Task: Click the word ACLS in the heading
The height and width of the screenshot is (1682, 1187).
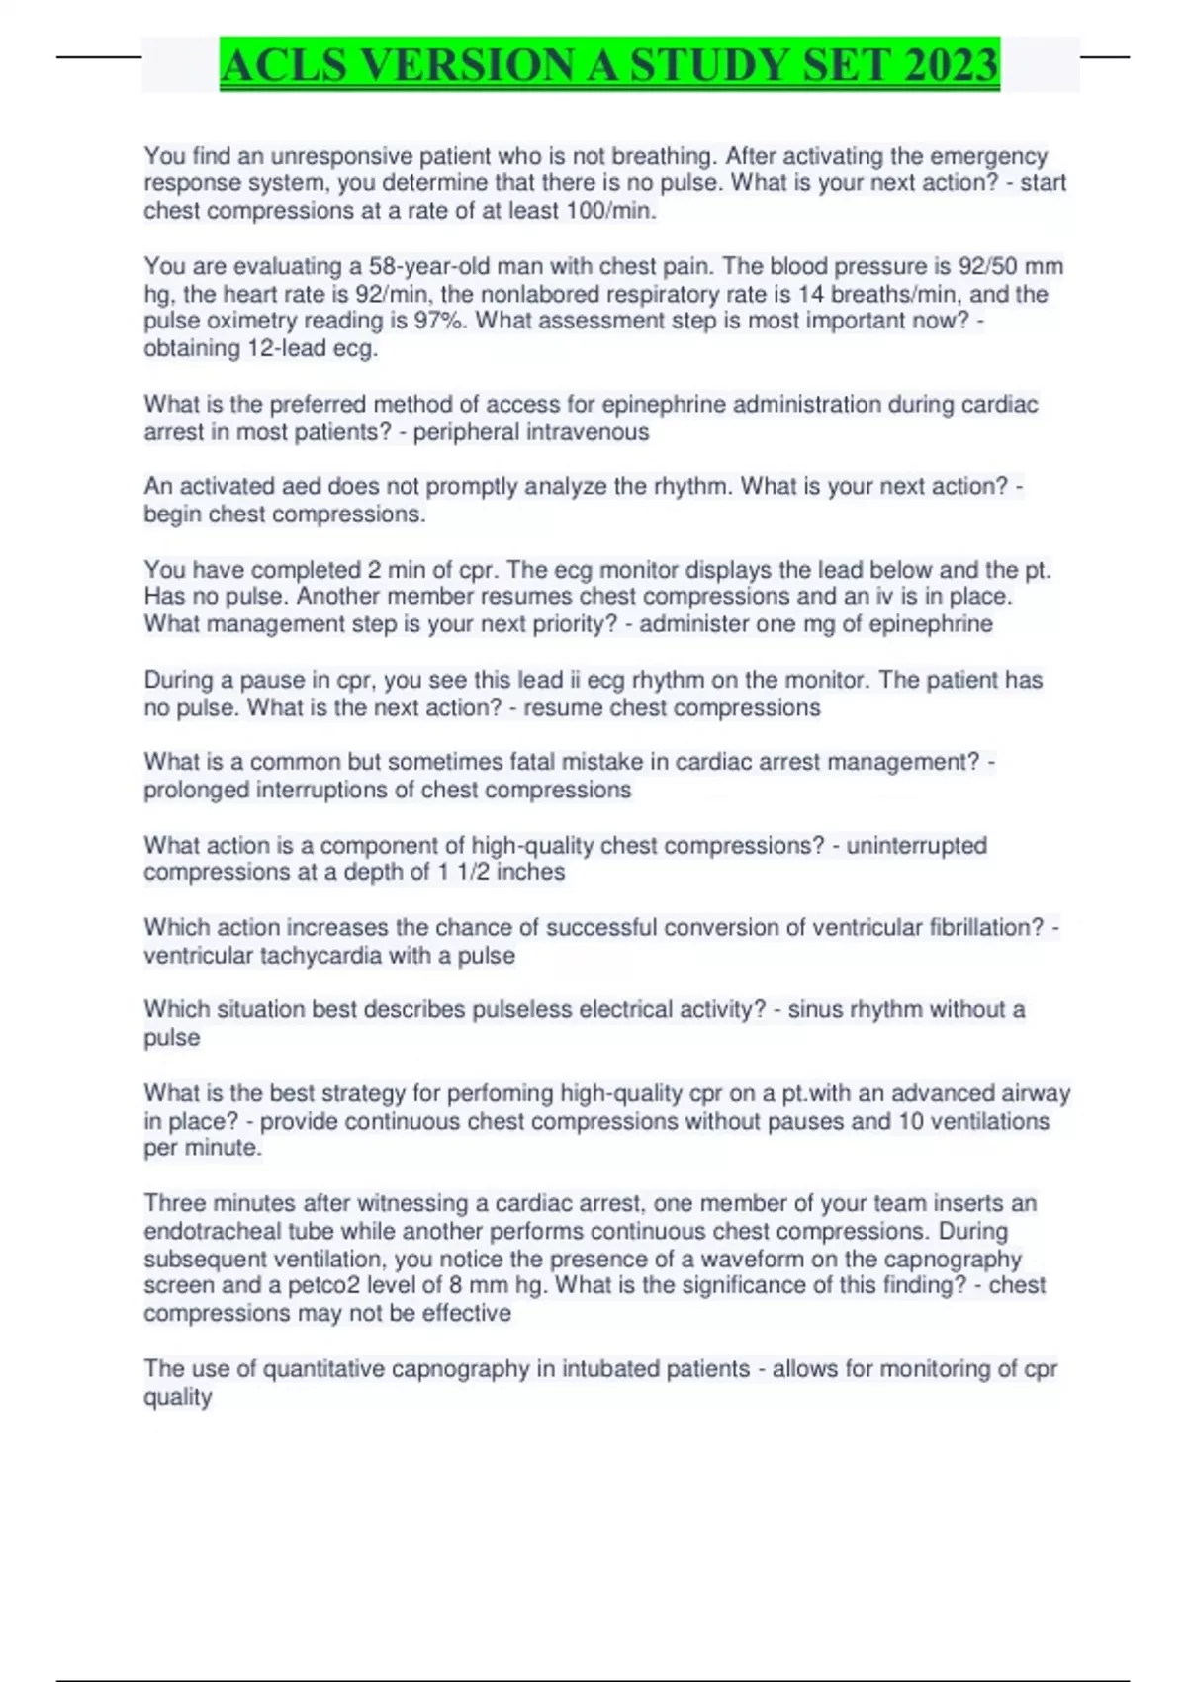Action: point(284,65)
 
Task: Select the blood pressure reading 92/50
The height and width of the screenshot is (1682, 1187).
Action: point(988,266)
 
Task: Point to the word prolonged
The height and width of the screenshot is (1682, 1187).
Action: point(196,790)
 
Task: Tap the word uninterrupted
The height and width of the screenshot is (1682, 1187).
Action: point(916,846)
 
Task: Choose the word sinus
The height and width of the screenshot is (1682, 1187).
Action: point(813,1009)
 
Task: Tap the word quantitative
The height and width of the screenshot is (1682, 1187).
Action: point(323,1369)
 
